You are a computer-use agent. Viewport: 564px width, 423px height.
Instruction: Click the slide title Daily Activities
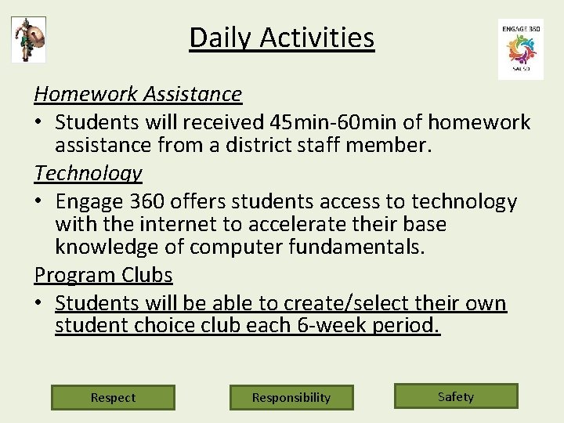[282, 38]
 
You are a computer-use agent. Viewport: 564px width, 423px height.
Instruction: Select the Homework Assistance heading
[138, 95]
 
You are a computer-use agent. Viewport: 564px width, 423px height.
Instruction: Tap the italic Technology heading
[88, 173]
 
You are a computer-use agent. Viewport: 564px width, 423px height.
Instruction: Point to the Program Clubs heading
[103, 275]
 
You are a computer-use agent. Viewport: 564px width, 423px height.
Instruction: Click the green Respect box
[113, 397]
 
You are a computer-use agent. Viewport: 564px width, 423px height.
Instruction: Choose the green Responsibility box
[291, 397]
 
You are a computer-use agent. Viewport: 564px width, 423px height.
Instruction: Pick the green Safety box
[456, 396]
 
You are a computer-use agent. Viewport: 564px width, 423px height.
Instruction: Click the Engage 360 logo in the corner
[520, 49]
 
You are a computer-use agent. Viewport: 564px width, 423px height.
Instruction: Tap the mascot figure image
[29, 39]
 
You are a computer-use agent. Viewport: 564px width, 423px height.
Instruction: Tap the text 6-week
[327, 325]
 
